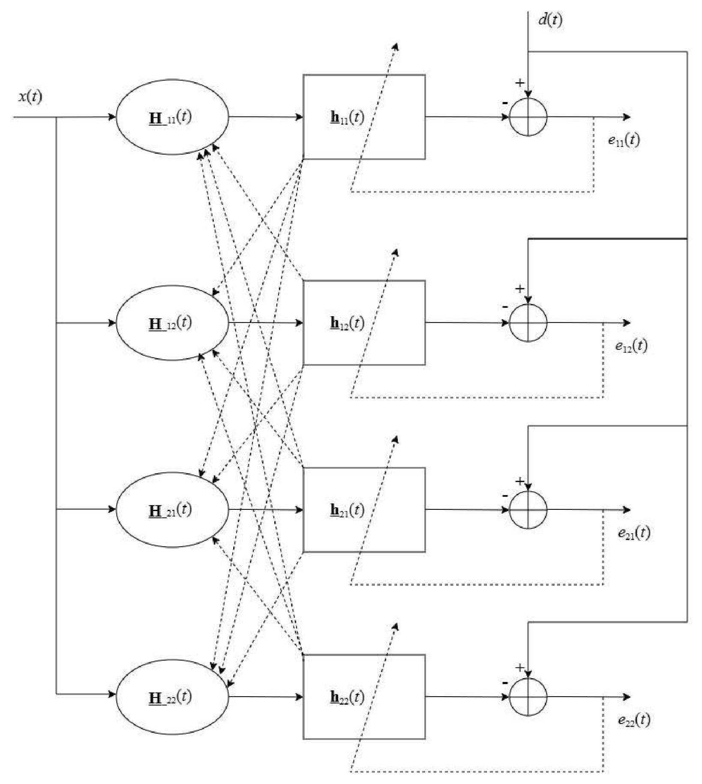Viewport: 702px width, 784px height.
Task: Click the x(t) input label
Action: pyautogui.click(x=30, y=97)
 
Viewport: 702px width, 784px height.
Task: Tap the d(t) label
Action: pyautogui.click(x=550, y=20)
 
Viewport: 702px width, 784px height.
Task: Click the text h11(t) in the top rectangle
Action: pyautogui.click(x=347, y=117)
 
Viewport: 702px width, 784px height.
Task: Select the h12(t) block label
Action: pyautogui.click(x=347, y=323)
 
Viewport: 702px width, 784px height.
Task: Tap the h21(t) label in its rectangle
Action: pyautogui.click(x=347, y=510)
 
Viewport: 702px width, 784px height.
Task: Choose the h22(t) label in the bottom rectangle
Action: pyautogui.click(x=347, y=697)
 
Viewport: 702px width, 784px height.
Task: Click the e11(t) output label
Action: pyautogui.click(x=624, y=140)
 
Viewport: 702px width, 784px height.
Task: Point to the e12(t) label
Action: pyautogui.click(x=631, y=346)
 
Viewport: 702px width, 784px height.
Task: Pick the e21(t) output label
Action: pyautogui.click(x=634, y=533)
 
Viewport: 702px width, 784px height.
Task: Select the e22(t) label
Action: pyautogui.click(x=634, y=720)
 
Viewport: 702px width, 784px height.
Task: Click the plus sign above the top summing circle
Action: pyautogui.click(x=520, y=83)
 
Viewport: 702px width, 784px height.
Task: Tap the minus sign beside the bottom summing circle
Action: pyautogui.click(x=505, y=683)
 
